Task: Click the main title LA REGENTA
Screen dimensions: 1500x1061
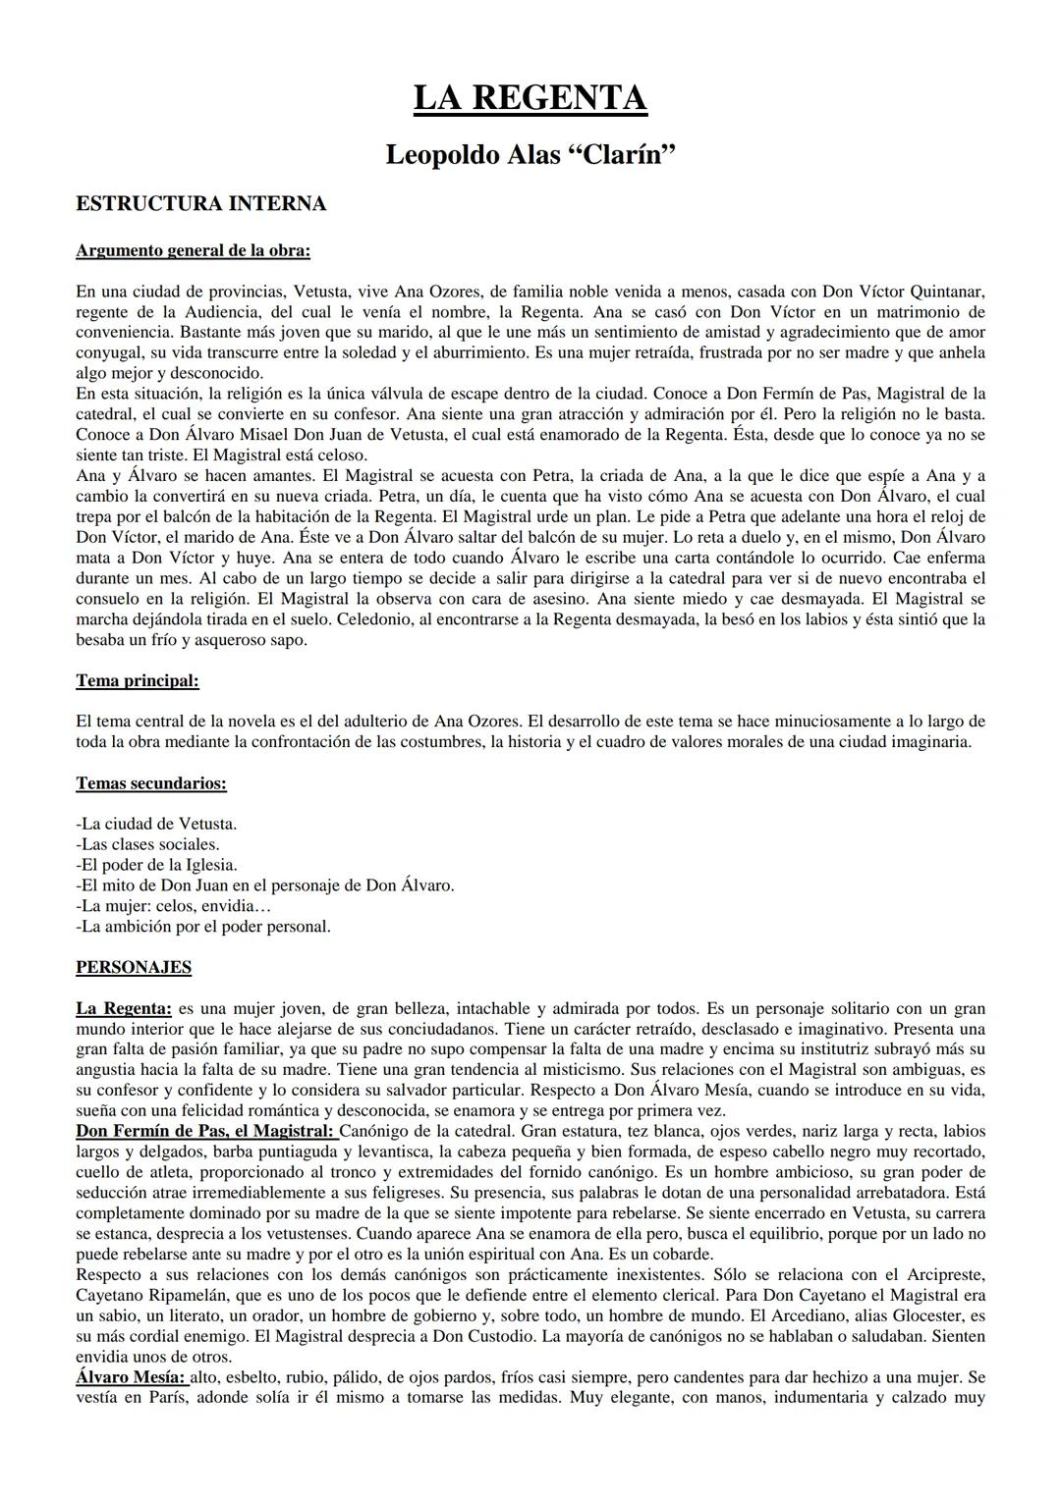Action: [x=530, y=98]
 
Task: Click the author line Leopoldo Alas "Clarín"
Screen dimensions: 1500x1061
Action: [x=530, y=155]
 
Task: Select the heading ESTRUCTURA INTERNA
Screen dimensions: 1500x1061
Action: [x=200, y=204]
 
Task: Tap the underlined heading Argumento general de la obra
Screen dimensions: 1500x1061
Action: [x=193, y=250]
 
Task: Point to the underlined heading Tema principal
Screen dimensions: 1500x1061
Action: [x=137, y=680]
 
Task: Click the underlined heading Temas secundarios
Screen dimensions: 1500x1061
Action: [x=151, y=783]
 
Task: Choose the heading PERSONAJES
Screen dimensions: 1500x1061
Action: [x=134, y=967]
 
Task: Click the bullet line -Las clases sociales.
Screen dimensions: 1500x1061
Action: [x=147, y=844]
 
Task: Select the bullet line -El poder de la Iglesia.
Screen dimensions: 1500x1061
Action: [x=156, y=865]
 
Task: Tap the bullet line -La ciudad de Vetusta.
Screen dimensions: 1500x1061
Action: [x=156, y=824]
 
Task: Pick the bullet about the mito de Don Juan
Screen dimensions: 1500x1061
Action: [x=264, y=885]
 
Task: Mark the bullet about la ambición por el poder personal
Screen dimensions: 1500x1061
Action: [x=202, y=927]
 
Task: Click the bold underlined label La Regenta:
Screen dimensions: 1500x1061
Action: [x=124, y=1008]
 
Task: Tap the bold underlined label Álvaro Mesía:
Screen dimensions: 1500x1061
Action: [x=130, y=1378]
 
